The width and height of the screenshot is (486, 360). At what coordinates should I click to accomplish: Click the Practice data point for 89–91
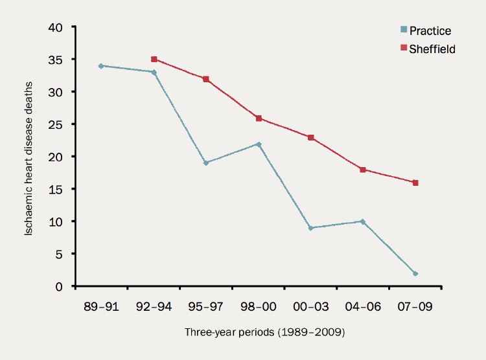tap(101, 65)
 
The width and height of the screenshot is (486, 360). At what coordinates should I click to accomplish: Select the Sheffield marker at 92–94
tap(154, 59)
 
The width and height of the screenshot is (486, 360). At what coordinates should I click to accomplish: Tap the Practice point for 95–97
tap(206, 163)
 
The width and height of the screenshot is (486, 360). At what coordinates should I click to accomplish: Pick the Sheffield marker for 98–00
tap(259, 118)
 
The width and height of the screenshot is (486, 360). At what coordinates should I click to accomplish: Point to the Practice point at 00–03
tap(311, 228)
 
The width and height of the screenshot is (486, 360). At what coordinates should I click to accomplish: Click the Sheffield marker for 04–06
tap(363, 170)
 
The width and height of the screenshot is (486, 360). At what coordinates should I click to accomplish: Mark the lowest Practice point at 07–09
tap(415, 273)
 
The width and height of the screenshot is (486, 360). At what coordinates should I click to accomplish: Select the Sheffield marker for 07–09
tap(415, 183)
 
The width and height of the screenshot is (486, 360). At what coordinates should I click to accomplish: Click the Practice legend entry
tap(425, 30)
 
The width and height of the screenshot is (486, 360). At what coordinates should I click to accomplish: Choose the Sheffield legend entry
tap(428, 49)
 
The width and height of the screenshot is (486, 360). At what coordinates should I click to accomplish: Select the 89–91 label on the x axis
tap(101, 306)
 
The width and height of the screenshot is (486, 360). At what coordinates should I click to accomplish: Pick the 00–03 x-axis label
tap(311, 306)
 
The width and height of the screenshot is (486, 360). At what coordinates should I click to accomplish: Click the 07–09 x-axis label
tap(415, 306)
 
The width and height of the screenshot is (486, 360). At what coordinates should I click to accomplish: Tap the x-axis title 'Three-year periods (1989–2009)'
tap(259, 333)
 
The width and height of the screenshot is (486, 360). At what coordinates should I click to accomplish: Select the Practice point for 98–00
tap(259, 144)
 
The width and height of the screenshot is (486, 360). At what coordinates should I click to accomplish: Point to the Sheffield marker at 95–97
tap(206, 79)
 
